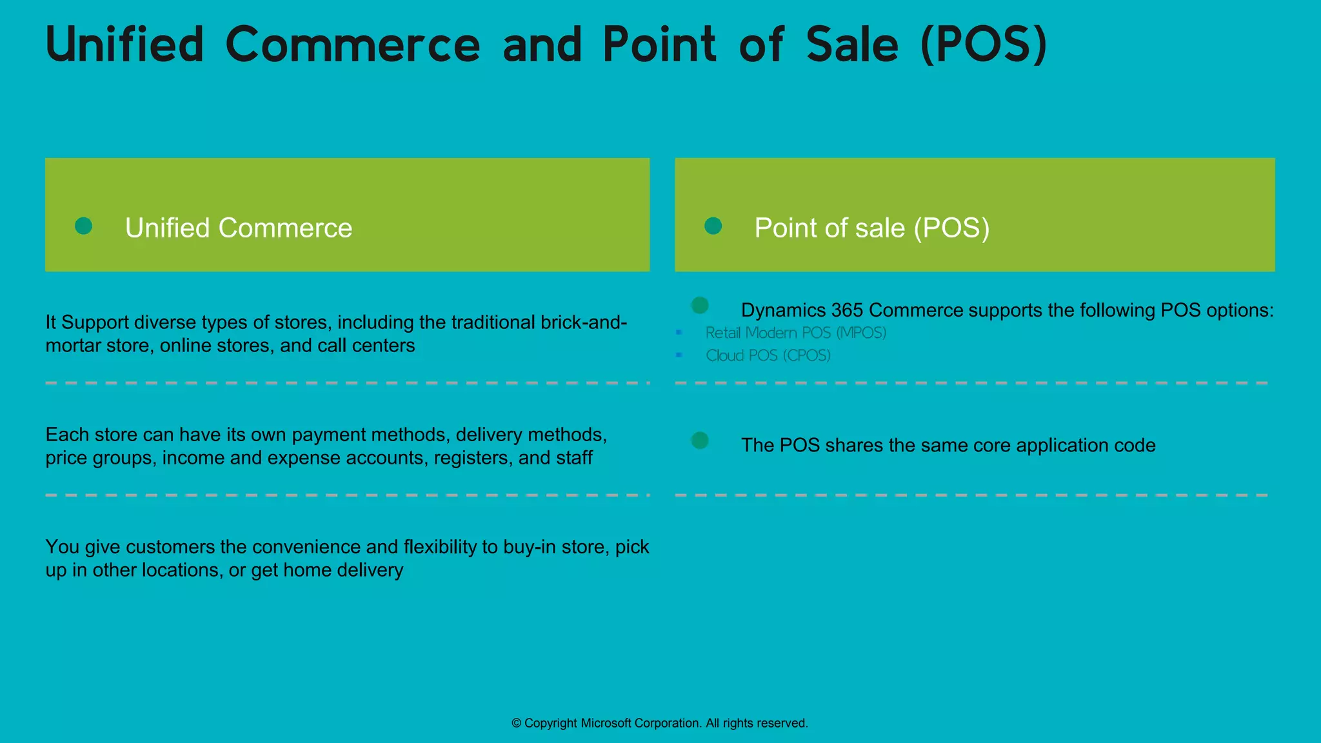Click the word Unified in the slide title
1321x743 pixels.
pyautogui.click(x=124, y=45)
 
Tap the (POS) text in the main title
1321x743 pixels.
pyautogui.click(x=984, y=45)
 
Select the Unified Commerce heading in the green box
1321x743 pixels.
pyautogui.click(x=239, y=228)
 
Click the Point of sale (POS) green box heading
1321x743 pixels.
pyautogui.click(x=871, y=228)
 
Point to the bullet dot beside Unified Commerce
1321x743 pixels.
pyautogui.click(x=83, y=226)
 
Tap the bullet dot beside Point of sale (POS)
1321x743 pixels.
pyautogui.click(x=713, y=226)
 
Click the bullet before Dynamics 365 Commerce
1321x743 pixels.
pyautogui.click(x=700, y=305)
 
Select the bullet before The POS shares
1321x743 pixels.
pyautogui.click(x=700, y=441)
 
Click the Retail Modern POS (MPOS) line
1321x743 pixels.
pyautogui.click(x=795, y=333)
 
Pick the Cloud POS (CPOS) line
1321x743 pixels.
pyautogui.click(x=768, y=355)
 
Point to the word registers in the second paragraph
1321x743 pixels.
pyautogui.click(x=473, y=458)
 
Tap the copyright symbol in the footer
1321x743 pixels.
pyautogui.click(x=516, y=724)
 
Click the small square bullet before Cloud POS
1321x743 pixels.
pyautogui.click(x=679, y=355)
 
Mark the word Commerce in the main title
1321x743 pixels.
pyautogui.click(x=353, y=45)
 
